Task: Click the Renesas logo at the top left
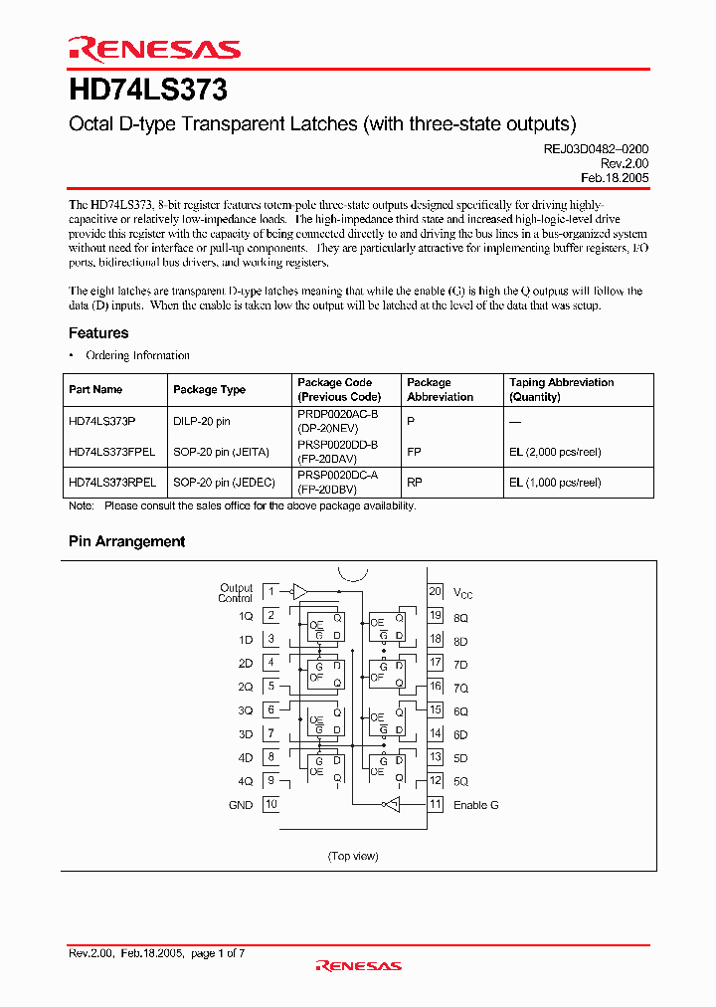click(x=154, y=49)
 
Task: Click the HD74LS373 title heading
click(x=148, y=91)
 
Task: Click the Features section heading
click(x=98, y=333)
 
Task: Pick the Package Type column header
click(x=209, y=390)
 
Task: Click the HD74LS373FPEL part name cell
click(x=112, y=452)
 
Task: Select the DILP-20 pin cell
click(x=202, y=422)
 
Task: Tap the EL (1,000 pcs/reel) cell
click(x=555, y=483)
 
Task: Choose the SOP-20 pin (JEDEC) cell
click(x=222, y=483)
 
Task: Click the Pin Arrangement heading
click(x=126, y=541)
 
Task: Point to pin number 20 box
click(x=435, y=591)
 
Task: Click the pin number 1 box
click(x=270, y=592)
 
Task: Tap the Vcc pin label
click(x=463, y=594)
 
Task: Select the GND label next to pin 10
click(x=241, y=805)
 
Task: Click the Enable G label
click(x=476, y=805)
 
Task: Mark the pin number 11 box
click(x=435, y=804)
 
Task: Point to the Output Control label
click(x=236, y=593)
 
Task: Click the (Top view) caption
click(x=353, y=856)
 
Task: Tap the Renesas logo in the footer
click(x=358, y=965)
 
